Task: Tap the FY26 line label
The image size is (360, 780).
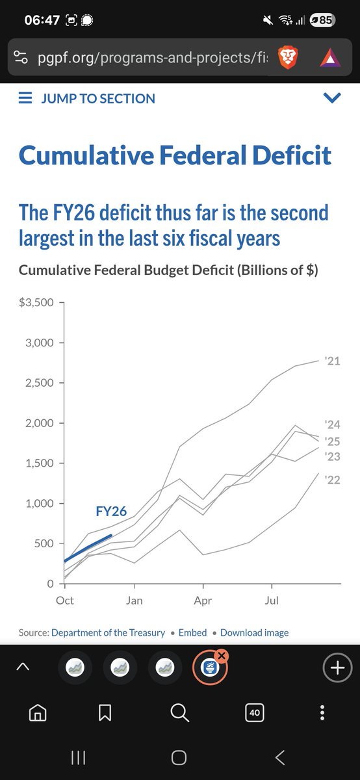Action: tap(111, 511)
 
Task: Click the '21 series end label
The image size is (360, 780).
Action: tap(332, 361)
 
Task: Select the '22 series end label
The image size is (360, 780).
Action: tap(332, 480)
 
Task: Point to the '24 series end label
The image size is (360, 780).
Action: tap(332, 424)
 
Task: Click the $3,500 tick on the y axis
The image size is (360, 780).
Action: tap(36, 302)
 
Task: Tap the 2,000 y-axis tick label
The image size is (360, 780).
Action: tap(40, 423)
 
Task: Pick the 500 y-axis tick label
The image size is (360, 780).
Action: tap(44, 543)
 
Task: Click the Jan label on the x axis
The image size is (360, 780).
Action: tap(134, 601)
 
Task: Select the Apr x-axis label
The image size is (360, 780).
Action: tap(203, 601)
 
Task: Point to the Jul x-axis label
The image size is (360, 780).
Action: tap(272, 601)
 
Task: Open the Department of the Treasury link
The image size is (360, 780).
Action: tap(109, 632)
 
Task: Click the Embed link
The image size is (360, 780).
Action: tap(192, 632)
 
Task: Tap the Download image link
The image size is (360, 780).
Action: tap(255, 632)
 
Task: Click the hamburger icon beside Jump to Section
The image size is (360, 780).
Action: tap(25, 98)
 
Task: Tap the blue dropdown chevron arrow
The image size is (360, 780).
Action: tap(332, 98)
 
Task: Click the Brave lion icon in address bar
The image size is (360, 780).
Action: tap(288, 58)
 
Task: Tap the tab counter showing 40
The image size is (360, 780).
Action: tap(255, 712)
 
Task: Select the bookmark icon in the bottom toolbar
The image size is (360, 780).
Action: tap(105, 712)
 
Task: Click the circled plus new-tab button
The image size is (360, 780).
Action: tap(337, 668)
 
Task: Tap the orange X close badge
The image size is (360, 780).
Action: tap(222, 656)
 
